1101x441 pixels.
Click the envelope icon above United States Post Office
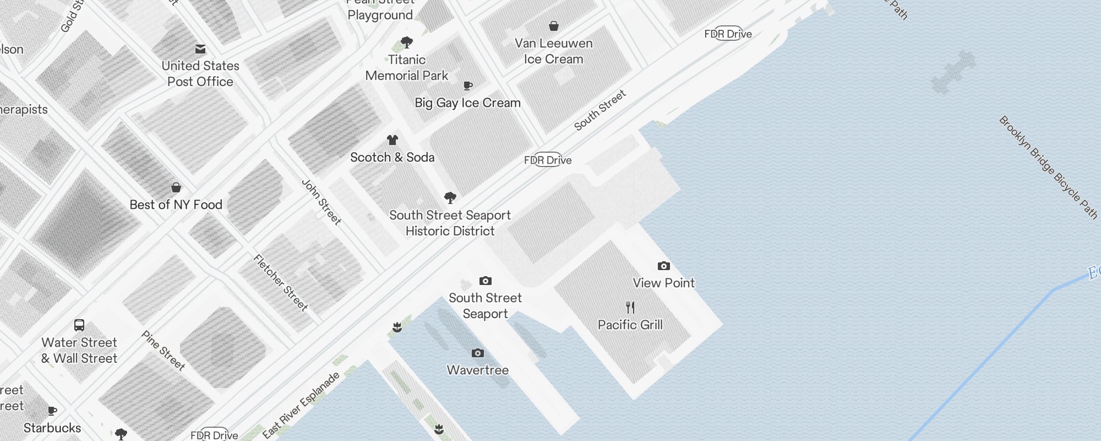pyautogui.click(x=200, y=50)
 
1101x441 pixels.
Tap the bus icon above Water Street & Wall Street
pyautogui.click(x=79, y=325)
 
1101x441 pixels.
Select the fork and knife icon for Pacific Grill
pyautogui.click(x=630, y=308)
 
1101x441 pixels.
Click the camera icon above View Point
pyautogui.click(x=664, y=266)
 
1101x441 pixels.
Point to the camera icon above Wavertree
pyautogui.click(x=478, y=353)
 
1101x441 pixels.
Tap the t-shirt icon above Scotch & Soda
pyautogui.click(x=393, y=140)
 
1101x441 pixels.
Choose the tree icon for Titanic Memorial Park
pyautogui.click(x=407, y=42)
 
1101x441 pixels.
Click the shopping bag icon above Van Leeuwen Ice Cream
pyautogui.click(x=554, y=26)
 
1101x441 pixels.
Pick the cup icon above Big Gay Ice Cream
pyautogui.click(x=467, y=85)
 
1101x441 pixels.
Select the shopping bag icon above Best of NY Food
pyautogui.click(x=176, y=187)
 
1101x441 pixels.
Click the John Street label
pyautogui.click(x=321, y=202)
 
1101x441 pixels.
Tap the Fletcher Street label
pyautogui.click(x=281, y=282)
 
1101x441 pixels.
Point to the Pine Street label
pyautogui.click(x=163, y=350)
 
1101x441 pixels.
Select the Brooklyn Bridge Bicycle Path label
pyautogui.click(x=1048, y=167)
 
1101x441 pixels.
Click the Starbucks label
pyautogui.click(x=52, y=428)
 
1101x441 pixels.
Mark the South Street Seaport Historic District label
pyautogui.click(x=450, y=223)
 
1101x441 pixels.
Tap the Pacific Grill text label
pyautogui.click(x=630, y=325)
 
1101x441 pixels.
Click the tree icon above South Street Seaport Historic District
pyautogui.click(x=450, y=197)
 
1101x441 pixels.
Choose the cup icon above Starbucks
pyautogui.click(x=52, y=411)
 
